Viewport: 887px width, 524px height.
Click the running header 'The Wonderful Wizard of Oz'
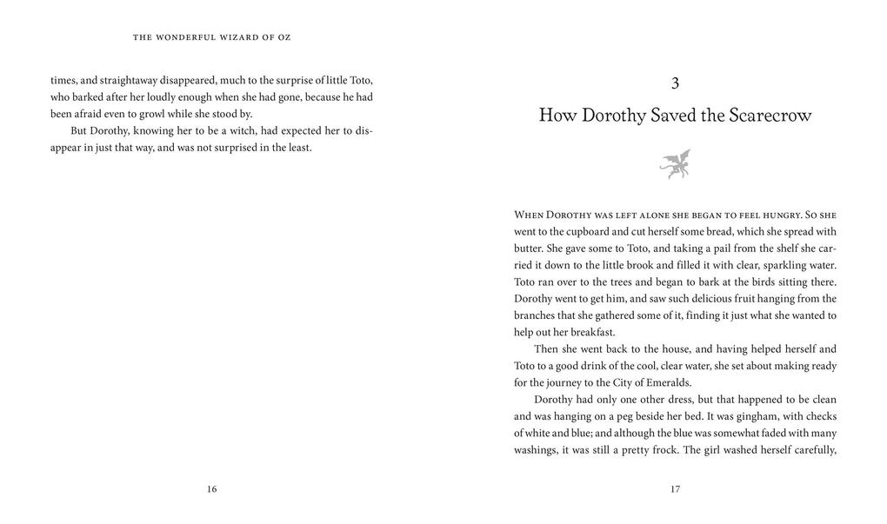(x=211, y=37)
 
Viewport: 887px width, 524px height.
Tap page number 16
(x=211, y=489)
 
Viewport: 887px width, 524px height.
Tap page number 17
(x=675, y=489)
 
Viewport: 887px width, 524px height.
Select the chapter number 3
(x=675, y=83)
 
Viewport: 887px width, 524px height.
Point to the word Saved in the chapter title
(x=677, y=116)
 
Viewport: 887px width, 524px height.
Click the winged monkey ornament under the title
(x=675, y=163)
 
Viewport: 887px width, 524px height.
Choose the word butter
(x=528, y=248)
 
